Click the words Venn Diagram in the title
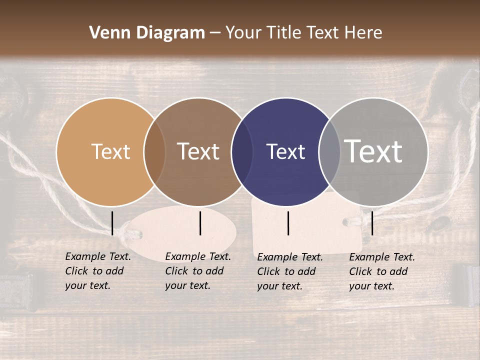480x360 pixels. [147, 33]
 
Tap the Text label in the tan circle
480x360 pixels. [110, 151]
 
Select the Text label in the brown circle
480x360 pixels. [198, 151]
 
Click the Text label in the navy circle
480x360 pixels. [285, 151]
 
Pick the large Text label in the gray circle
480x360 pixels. [373, 151]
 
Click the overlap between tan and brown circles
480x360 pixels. [154, 151]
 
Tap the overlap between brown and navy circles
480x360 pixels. [242, 151]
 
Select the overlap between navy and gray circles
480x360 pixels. [329, 151]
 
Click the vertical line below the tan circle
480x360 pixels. [112, 223]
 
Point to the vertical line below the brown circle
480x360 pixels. [200, 223]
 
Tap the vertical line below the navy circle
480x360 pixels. [288, 223]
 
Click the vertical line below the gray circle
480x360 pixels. [372, 223]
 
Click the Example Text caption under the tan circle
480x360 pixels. [97, 271]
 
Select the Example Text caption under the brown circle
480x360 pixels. [197, 271]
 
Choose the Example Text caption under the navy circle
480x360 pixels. [289, 271]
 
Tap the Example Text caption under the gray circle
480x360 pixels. [381, 271]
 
